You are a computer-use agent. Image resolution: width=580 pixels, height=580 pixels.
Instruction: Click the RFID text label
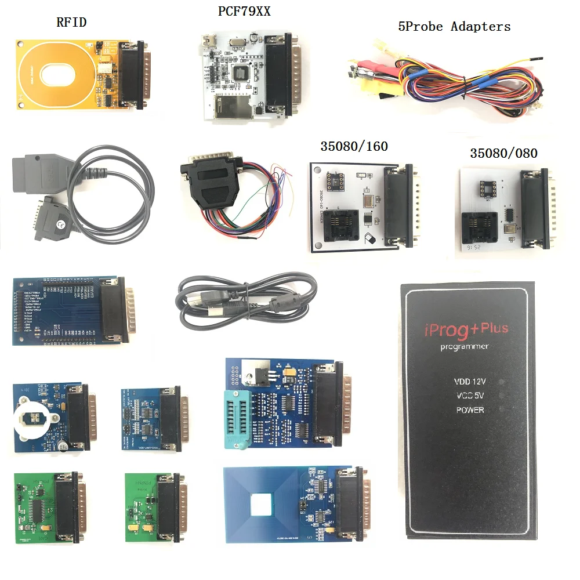(x=71, y=22)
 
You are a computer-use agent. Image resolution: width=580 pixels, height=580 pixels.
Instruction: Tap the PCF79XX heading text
(x=244, y=12)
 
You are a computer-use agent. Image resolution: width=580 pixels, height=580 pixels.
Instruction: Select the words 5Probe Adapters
(x=454, y=27)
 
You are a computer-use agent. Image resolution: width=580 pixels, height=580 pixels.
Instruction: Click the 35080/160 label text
(x=354, y=147)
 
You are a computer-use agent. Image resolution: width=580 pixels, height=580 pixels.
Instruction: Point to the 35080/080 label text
(x=503, y=154)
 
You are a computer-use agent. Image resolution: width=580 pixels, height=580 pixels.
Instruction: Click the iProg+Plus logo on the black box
(x=462, y=331)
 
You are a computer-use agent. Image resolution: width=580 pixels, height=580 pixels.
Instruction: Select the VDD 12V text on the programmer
(x=469, y=382)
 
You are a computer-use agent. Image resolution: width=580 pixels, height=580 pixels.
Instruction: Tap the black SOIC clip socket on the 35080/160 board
(x=339, y=225)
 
